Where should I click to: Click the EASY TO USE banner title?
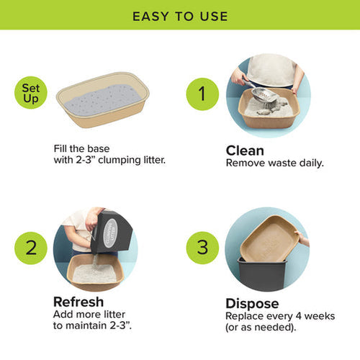180,15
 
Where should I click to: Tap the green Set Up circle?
32,93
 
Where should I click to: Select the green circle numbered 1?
202,94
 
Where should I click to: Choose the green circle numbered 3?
202,247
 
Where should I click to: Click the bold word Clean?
245,150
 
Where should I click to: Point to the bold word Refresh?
78,302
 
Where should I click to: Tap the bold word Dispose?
251,303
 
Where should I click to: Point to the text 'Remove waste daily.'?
274,163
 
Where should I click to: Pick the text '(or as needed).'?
259,328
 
